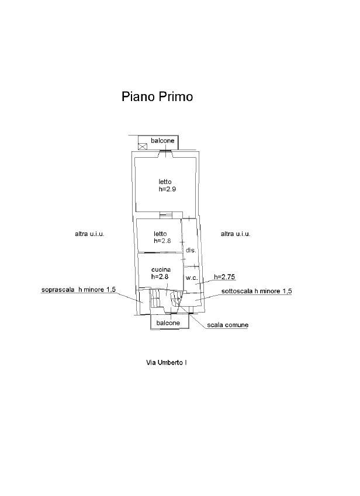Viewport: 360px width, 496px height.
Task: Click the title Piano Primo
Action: pyautogui.click(x=157, y=96)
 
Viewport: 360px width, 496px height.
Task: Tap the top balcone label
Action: pyautogui.click(x=162, y=141)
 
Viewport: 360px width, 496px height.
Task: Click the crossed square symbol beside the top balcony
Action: pyautogui.click(x=143, y=146)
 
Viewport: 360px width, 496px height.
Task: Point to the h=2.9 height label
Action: pyautogui.click(x=167, y=190)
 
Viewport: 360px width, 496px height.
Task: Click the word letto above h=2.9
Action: pyautogui.click(x=165, y=182)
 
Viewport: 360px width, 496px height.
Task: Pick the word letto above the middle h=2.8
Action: pyautogui.click(x=161, y=233)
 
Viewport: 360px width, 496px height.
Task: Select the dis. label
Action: pyautogui.click(x=190, y=250)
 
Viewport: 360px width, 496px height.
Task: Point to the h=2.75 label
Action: pyautogui.click(x=224, y=276)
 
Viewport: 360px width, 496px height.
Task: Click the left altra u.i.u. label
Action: pyautogui.click(x=89, y=234)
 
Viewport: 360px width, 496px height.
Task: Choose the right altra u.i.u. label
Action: pyautogui.click(x=236, y=234)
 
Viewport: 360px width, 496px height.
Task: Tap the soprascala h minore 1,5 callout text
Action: pyautogui.click(x=79, y=289)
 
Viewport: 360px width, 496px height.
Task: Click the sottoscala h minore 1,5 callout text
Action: pyautogui.click(x=257, y=291)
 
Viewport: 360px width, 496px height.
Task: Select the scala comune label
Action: pyautogui.click(x=228, y=325)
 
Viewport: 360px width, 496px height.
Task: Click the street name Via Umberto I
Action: pyautogui.click(x=167, y=363)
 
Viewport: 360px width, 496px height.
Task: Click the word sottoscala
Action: pyautogui.click(x=236, y=291)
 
